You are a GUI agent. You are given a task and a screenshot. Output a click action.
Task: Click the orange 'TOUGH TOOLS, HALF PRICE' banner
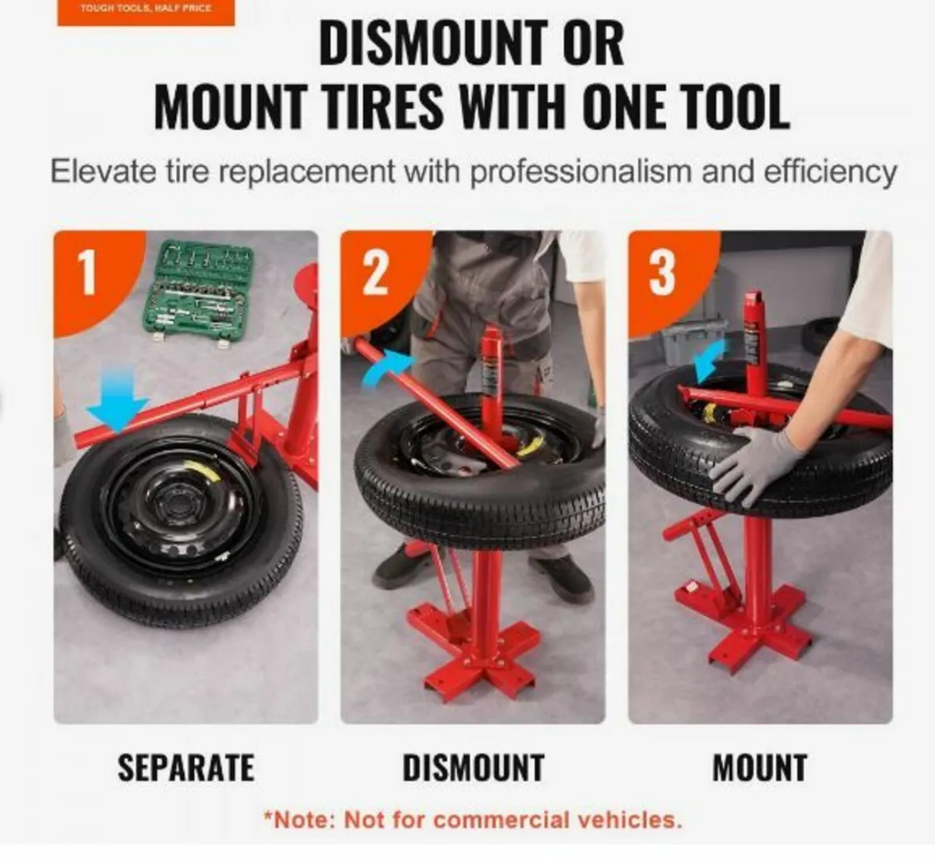click(x=146, y=11)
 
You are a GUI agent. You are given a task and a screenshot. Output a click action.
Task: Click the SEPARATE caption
click(x=185, y=768)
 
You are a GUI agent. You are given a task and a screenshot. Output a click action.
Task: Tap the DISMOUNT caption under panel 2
click(x=473, y=768)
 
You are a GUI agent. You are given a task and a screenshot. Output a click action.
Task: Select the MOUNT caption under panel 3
click(x=760, y=768)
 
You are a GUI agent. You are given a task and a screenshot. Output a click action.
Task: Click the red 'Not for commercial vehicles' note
click(x=473, y=820)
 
